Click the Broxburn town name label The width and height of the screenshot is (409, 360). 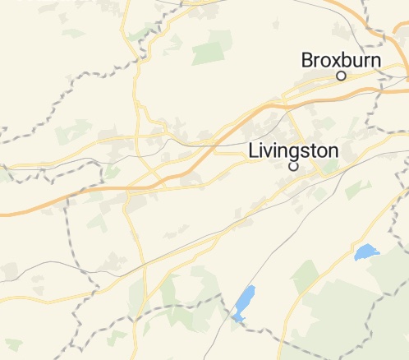pos(341,60)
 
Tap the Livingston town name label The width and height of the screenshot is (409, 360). pos(293,151)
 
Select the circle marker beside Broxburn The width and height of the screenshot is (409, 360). pos(341,76)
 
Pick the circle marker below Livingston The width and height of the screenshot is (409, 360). pos(293,166)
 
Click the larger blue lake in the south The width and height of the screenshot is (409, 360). pos(244,302)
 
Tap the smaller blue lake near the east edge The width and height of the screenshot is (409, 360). pos(365,252)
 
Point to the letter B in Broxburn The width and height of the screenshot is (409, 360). pos(308,60)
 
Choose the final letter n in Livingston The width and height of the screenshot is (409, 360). pos(333,152)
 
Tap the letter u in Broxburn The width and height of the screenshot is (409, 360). pos(355,61)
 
